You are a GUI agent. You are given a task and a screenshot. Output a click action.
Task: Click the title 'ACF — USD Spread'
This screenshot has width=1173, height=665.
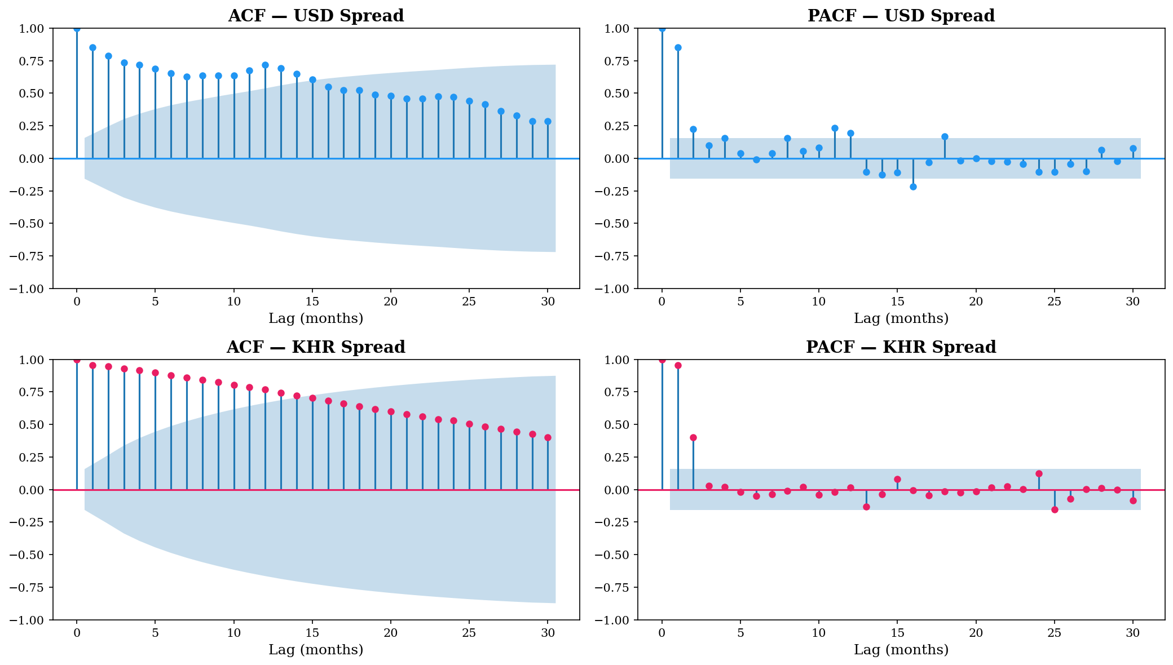coord(316,16)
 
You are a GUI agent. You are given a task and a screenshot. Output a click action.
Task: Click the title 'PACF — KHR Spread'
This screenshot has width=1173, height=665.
coord(901,347)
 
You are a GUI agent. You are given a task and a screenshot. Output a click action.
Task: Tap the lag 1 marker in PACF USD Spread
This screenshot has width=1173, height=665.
coord(678,48)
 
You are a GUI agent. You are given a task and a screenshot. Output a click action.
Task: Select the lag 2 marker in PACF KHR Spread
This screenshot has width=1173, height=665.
coord(693,437)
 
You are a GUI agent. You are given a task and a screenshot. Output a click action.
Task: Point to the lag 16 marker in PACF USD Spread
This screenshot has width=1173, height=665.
coord(913,187)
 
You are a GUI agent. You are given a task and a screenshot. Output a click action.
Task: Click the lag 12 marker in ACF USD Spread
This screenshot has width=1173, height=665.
coord(265,65)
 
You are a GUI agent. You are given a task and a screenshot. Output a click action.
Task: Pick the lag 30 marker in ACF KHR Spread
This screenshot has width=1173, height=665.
coord(548,437)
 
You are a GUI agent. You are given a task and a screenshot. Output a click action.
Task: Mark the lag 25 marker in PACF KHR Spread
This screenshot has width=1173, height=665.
coord(1055,509)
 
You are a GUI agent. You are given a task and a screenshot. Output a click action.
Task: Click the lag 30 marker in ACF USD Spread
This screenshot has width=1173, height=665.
coord(548,121)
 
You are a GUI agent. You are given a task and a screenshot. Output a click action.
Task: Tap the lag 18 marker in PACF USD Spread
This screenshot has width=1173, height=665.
coord(945,136)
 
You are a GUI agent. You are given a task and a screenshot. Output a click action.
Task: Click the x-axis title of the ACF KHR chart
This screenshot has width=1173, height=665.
coord(316,650)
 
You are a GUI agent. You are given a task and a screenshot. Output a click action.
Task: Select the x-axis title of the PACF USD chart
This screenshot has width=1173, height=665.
coord(901,318)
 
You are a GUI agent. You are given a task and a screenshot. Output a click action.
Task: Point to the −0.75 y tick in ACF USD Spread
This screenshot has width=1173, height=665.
coord(33,256)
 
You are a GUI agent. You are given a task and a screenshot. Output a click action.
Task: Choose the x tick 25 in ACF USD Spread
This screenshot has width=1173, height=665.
coord(469,302)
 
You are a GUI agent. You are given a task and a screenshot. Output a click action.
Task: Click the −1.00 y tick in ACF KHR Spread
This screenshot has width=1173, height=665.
coord(33,620)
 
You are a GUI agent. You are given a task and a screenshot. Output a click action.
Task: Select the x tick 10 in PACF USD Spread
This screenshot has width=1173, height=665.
coord(819,302)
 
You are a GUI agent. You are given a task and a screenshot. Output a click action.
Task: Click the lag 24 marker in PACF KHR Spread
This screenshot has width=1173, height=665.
coord(1039,473)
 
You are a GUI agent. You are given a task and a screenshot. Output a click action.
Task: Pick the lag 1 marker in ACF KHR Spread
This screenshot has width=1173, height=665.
coord(92,365)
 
